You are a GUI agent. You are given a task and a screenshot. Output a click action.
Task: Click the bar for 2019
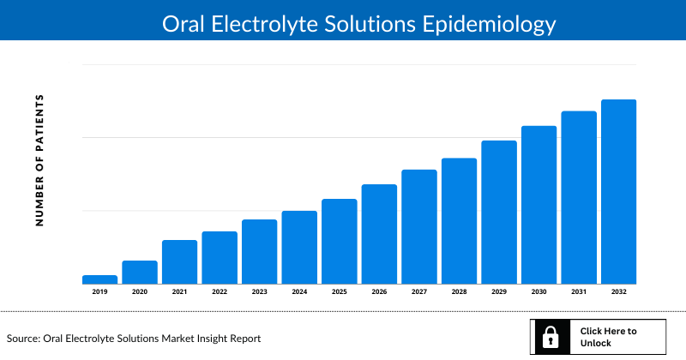pyautogui.click(x=99, y=279)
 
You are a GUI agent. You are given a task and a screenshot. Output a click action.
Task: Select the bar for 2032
pyautogui.click(x=618, y=191)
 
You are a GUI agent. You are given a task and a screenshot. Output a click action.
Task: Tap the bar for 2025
pyautogui.click(x=339, y=241)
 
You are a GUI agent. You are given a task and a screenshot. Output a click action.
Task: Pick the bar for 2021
pyautogui.click(x=179, y=261)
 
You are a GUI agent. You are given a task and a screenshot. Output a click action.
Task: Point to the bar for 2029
pyautogui.click(x=498, y=212)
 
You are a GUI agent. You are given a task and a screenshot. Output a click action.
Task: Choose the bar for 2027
pyautogui.click(x=418, y=226)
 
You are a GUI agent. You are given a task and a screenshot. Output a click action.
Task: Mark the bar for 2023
pyautogui.click(x=259, y=251)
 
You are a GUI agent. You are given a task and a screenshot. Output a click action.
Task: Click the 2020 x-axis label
pyautogui.click(x=140, y=292)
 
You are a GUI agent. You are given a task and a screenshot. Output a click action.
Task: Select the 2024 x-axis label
pyautogui.click(x=299, y=292)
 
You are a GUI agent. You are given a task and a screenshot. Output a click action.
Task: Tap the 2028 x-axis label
pyautogui.click(x=459, y=292)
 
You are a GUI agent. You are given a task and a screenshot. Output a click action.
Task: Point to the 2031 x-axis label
pyautogui.click(x=578, y=292)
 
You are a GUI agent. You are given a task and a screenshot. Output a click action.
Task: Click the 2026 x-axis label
pyautogui.click(x=379, y=292)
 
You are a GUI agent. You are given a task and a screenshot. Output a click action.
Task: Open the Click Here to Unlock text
pyautogui.click(x=608, y=337)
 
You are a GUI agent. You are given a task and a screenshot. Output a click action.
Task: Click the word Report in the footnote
pyautogui.click(x=242, y=339)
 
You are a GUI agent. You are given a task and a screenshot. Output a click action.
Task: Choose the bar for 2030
pyautogui.click(x=539, y=204)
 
